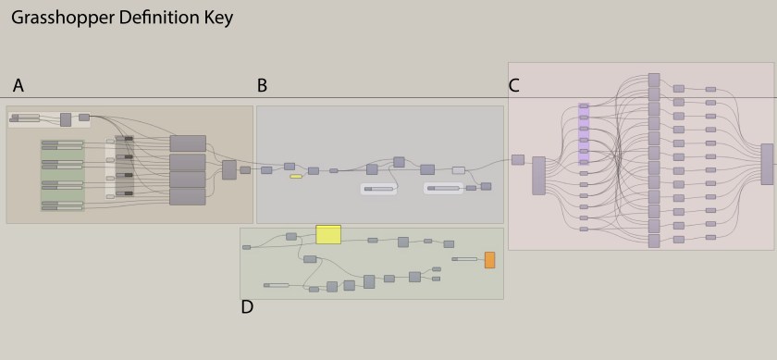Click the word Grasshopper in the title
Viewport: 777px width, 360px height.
pos(55,18)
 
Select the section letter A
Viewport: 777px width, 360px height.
pos(18,86)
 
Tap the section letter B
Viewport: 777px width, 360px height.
pos(262,86)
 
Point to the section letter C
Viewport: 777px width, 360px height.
pos(514,86)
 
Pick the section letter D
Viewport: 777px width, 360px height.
pos(247,307)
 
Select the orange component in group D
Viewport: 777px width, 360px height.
pos(489,259)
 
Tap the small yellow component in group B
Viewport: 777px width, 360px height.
pos(296,176)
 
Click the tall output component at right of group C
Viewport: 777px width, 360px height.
pos(767,164)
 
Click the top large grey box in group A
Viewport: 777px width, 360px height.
pos(188,143)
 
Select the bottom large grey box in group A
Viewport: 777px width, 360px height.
pos(188,196)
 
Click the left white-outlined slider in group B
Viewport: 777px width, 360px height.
pos(378,189)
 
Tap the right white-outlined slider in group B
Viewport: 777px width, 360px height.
pos(443,188)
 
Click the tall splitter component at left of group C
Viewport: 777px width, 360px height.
pos(538,175)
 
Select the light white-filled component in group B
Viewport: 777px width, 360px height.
pos(458,170)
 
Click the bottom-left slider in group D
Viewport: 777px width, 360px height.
pos(277,285)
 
